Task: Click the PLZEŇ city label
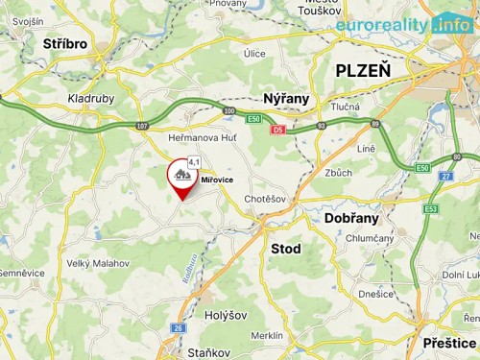(363, 70)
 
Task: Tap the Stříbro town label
(64, 44)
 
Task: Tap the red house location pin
(182, 178)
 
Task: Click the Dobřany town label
(351, 218)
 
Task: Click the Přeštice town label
(448, 343)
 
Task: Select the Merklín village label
(267, 335)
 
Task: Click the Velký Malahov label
(98, 261)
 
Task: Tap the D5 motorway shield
(277, 128)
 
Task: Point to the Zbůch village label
(339, 173)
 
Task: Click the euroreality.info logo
(403, 24)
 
